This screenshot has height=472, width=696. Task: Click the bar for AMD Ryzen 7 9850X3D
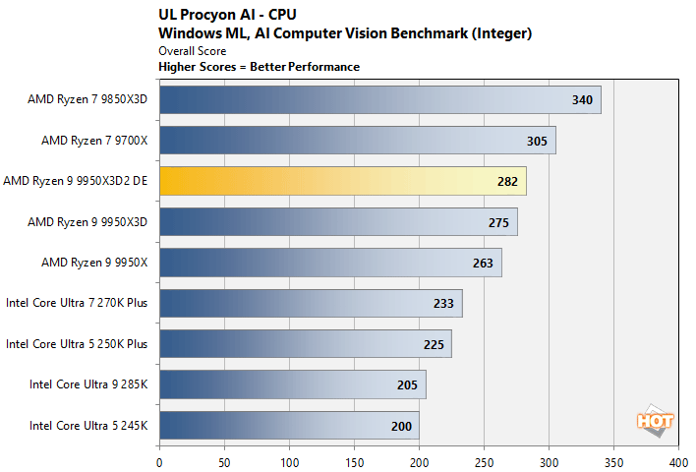click(x=379, y=99)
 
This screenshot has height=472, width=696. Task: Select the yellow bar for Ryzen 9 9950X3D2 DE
click(x=342, y=181)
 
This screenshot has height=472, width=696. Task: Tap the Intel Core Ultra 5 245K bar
click(x=289, y=426)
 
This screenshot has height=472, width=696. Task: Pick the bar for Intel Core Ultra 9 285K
click(x=292, y=385)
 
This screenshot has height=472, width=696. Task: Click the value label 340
click(x=582, y=99)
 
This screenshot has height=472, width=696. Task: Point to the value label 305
click(x=537, y=141)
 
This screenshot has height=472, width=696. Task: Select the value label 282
click(x=507, y=182)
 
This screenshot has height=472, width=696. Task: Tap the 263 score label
click(x=483, y=264)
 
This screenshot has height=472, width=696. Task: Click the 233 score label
click(x=443, y=304)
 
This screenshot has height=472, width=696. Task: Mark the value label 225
click(x=433, y=345)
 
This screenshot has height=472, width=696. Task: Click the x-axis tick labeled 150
click(x=354, y=459)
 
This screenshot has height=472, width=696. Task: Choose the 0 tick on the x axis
click(x=159, y=459)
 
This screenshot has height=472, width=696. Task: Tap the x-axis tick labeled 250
click(x=484, y=459)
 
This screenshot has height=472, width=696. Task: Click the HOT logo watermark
click(x=656, y=421)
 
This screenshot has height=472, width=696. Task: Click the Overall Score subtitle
click(x=192, y=50)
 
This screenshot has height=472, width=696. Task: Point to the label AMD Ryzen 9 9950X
click(x=94, y=263)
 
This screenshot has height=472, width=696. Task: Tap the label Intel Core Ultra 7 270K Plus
click(x=77, y=304)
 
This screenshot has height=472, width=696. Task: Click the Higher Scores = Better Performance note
click(x=259, y=67)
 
